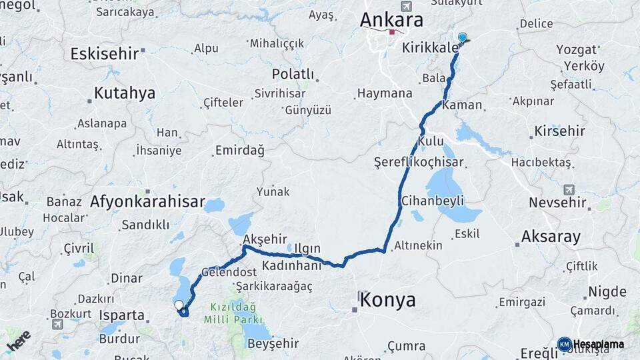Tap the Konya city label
(x=387, y=300)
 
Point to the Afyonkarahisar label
(x=147, y=201)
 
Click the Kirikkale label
(x=431, y=47)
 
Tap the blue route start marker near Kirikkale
(x=462, y=38)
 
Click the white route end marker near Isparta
(x=179, y=305)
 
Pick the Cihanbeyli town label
(x=432, y=200)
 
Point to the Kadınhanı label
(x=291, y=265)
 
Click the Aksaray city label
(x=551, y=236)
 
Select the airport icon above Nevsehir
(x=569, y=189)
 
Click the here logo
(x=18, y=340)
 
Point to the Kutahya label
(x=124, y=93)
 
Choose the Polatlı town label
(x=293, y=73)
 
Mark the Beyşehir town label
(x=273, y=344)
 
